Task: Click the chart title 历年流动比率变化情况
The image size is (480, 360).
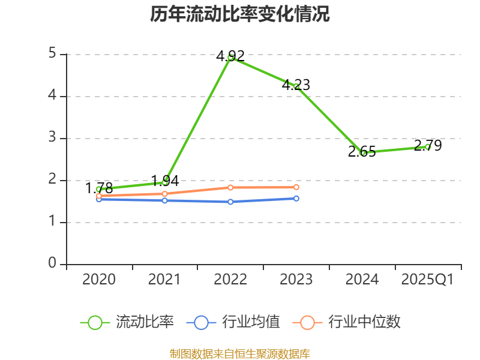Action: [240, 14]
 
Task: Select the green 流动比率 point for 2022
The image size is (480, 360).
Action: [230, 57]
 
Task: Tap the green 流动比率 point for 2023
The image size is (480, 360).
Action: [296, 86]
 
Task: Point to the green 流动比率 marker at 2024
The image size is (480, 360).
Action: [362, 152]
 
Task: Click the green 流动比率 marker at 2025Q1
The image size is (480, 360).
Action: [428, 146]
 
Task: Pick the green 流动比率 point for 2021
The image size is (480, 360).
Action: [164, 182]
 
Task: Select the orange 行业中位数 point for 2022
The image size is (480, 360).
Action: [230, 187]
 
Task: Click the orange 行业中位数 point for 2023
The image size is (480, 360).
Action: [296, 187]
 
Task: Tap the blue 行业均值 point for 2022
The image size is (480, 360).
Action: [230, 202]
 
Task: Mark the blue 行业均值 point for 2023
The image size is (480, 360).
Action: [296, 198]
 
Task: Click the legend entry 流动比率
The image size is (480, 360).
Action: [127, 322]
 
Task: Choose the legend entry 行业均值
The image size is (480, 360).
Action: [233, 322]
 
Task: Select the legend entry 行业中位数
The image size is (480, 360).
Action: [346, 322]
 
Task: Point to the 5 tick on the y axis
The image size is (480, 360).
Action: [52, 54]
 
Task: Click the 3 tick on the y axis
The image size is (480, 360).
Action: [52, 138]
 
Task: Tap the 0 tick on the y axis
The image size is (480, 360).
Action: [52, 264]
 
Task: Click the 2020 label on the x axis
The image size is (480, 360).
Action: [99, 280]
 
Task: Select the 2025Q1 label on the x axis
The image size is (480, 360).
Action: [428, 280]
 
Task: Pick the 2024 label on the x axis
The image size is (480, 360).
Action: [362, 280]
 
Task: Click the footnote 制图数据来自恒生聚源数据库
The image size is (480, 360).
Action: [240, 353]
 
